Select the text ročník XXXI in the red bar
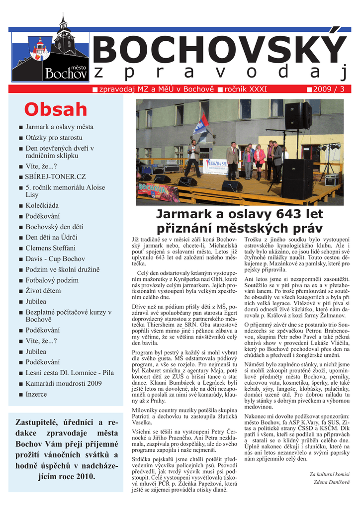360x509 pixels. (x=246, y=89)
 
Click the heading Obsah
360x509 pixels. (x=56, y=109)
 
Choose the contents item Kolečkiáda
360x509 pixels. (x=42, y=205)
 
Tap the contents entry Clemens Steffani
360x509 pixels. (x=51, y=248)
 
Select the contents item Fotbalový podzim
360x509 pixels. (x=52, y=280)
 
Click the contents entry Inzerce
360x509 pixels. (x=36, y=394)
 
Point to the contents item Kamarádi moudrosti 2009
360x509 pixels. (x=64, y=383)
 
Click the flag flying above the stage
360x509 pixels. (x=200, y=124)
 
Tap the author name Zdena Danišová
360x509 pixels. (x=331, y=482)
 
